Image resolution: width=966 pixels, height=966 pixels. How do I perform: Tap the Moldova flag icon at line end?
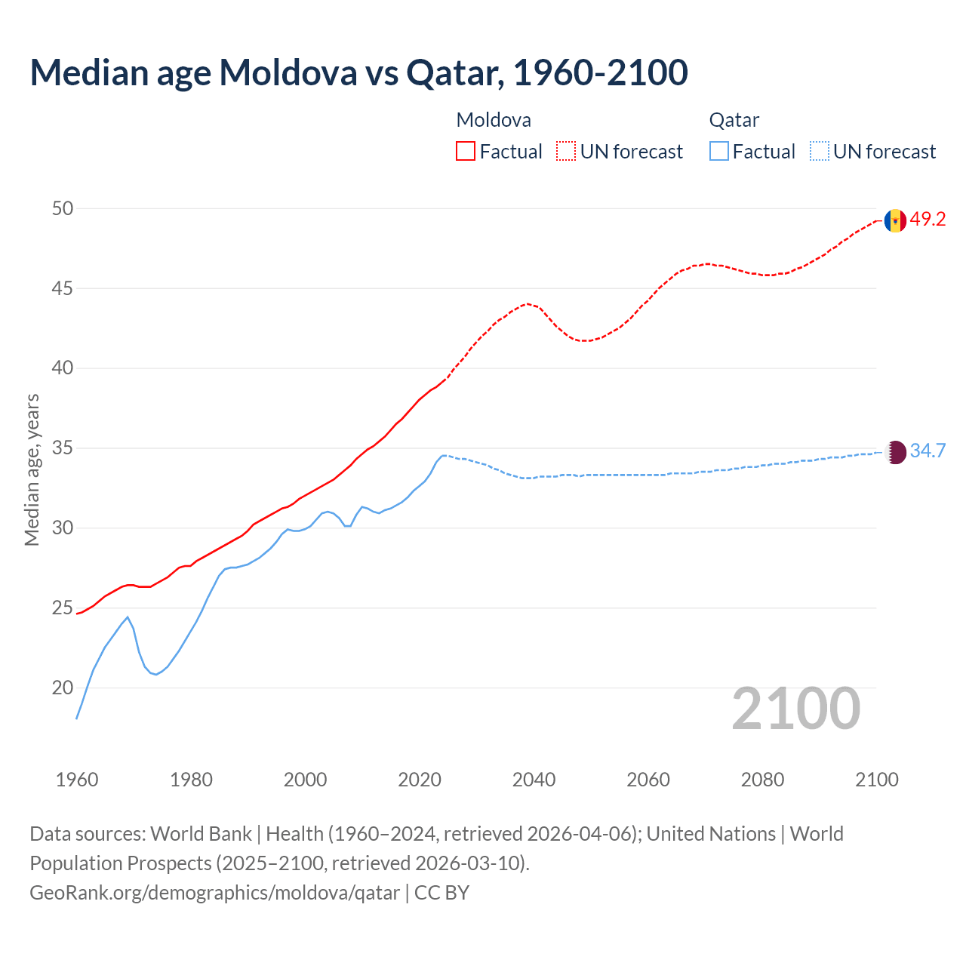point(895,220)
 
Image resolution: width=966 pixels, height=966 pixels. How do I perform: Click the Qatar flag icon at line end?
point(895,452)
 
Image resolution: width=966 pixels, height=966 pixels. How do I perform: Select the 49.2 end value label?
point(928,220)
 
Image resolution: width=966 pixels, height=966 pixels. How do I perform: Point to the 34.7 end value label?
point(928,451)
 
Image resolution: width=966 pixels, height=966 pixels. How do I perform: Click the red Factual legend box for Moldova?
point(466,151)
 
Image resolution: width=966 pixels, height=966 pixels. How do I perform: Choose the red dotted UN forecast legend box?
point(566,151)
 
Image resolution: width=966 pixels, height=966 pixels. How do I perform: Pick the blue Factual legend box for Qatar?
point(719,151)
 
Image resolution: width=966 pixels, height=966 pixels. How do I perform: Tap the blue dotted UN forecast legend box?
point(820,151)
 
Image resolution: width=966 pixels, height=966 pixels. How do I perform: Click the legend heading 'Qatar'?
point(734,120)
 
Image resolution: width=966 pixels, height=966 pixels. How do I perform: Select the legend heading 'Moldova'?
point(494,120)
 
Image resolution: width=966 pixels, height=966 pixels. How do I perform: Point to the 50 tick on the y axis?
point(63,208)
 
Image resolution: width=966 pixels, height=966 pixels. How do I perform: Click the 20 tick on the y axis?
point(63,688)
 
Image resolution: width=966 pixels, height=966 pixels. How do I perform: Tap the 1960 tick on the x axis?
point(77,780)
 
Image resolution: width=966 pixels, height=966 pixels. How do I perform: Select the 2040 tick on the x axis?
point(534,780)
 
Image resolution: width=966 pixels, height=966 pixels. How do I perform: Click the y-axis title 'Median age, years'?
point(32,469)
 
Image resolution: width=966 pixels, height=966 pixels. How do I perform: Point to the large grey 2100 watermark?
point(795,708)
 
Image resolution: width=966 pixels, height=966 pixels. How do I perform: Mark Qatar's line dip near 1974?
point(156,674)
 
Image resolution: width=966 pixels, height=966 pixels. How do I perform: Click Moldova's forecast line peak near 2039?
point(528,303)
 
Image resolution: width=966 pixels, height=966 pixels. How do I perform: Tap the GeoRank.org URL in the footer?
point(215,893)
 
